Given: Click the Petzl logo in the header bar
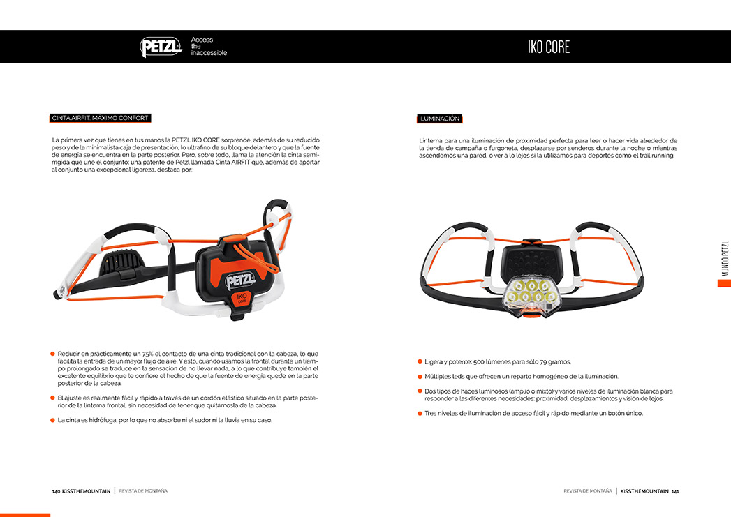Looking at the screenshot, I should pos(161,47).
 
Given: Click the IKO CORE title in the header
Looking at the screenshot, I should pos(548,47).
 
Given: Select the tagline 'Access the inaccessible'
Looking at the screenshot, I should pos(209,47).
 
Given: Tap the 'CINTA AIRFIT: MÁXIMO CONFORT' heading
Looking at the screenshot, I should pos(100,118).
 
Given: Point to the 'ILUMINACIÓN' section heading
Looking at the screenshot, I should pos(439,119).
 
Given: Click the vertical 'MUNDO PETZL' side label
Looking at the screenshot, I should pos(725,259).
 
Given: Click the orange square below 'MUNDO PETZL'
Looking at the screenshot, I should pos(725,283).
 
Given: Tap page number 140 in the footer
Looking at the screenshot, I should pos(56,491).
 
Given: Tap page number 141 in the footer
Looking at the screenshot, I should pos(675,491).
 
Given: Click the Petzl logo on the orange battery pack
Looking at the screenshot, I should pos(236,280).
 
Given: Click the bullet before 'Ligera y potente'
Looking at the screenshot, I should pos(420,361).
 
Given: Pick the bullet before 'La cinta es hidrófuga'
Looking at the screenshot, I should pos(52,420).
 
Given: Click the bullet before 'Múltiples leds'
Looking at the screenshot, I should pos(420,376).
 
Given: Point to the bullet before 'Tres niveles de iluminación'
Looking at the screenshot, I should pos(420,413).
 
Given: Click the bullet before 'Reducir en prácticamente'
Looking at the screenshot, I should pos(52,354).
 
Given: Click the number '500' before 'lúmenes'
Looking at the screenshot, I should pos(480,361).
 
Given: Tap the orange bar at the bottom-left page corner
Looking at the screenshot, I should pos(25,515).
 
